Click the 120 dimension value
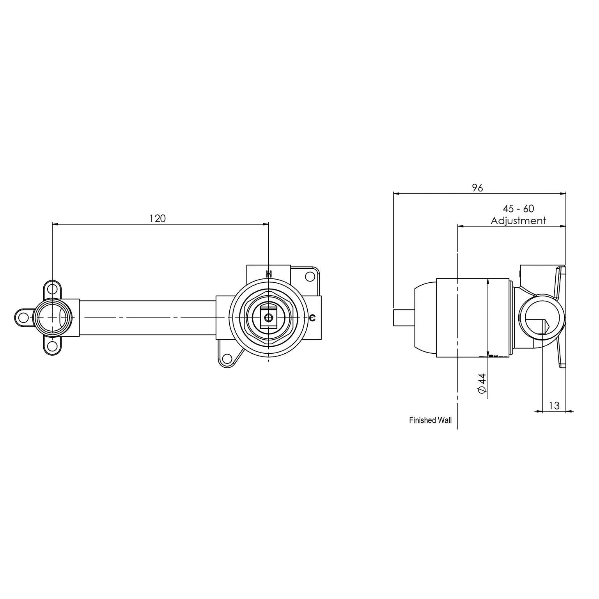[x=158, y=218]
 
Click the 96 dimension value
[x=477, y=188]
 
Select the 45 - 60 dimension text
[x=518, y=209]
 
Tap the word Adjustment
[x=518, y=221]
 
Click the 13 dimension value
[x=554, y=406]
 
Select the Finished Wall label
[x=430, y=420]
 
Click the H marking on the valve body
[x=268, y=274]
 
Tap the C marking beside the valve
[x=312, y=318]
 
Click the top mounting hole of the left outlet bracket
[x=52, y=289]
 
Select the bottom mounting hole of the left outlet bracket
[x=52, y=346]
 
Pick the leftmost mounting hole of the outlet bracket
[x=23, y=317]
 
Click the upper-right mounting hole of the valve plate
[x=310, y=276]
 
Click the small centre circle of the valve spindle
[x=268, y=318]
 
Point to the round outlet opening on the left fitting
[x=52, y=318]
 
